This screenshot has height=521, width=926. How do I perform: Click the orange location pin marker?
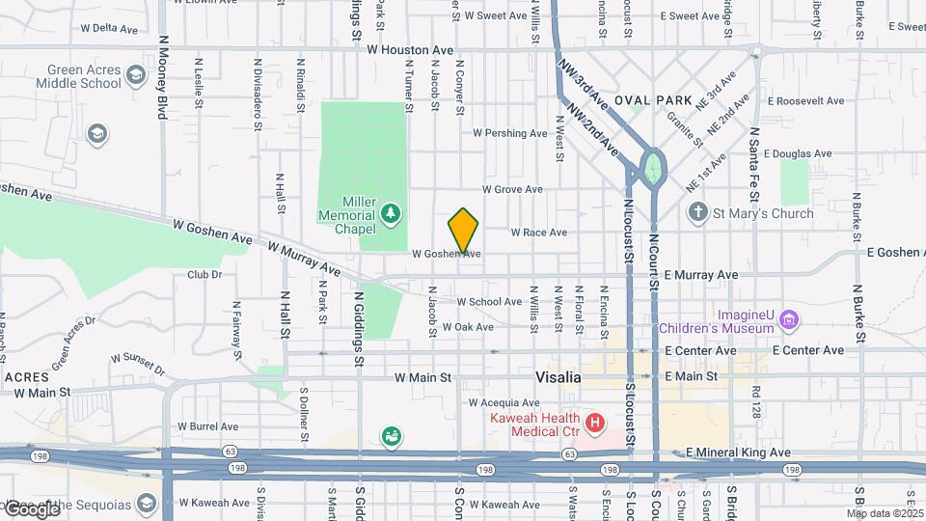tap(464, 231)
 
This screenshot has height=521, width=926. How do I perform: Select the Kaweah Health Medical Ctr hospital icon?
tap(595, 422)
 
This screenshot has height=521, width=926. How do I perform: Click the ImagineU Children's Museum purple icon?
tap(789, 318)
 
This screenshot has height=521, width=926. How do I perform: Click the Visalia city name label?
tap(558, 377)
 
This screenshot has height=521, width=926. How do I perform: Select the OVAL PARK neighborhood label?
tap(653, 100)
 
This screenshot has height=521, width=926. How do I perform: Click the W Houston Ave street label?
tap(409, 48)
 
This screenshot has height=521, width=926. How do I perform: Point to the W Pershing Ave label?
tap(516, 133)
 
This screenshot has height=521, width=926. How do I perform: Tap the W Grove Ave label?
tap(512, 189)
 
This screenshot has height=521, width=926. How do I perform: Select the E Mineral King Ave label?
tap(738, 452)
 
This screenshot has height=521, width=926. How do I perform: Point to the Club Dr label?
tap(204, 274)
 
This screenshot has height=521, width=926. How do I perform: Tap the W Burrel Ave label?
tap(207, 425)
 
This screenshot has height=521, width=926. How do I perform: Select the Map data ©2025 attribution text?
tap(884, 513)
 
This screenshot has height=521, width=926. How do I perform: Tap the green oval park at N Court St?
tap(653, 166)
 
